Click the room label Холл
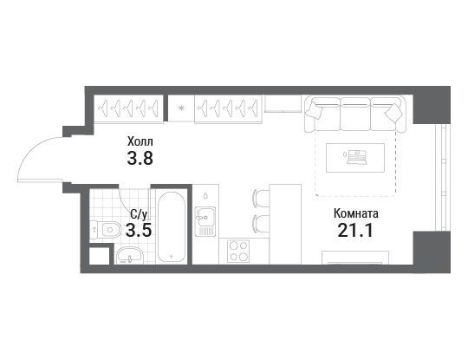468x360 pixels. click(140, 141)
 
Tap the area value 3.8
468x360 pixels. click(140, 159)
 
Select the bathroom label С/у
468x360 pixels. click(139, 214)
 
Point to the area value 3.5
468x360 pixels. click(139, 230)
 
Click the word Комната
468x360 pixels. click(356, 213)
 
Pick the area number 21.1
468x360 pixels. click(355, 231)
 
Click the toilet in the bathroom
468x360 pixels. click(106, 230)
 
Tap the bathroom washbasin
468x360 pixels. click(130, 256)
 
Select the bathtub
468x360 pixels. click(172, 227)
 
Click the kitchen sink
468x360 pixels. click(205, 221)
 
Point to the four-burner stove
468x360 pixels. click(238, 252)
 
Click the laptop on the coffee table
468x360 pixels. click(355, 157)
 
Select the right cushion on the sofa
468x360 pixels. click(393, 112)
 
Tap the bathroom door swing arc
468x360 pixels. click(126, 200)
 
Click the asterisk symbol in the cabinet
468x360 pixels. click(181, 108)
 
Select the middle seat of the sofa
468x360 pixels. click(355, 115)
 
